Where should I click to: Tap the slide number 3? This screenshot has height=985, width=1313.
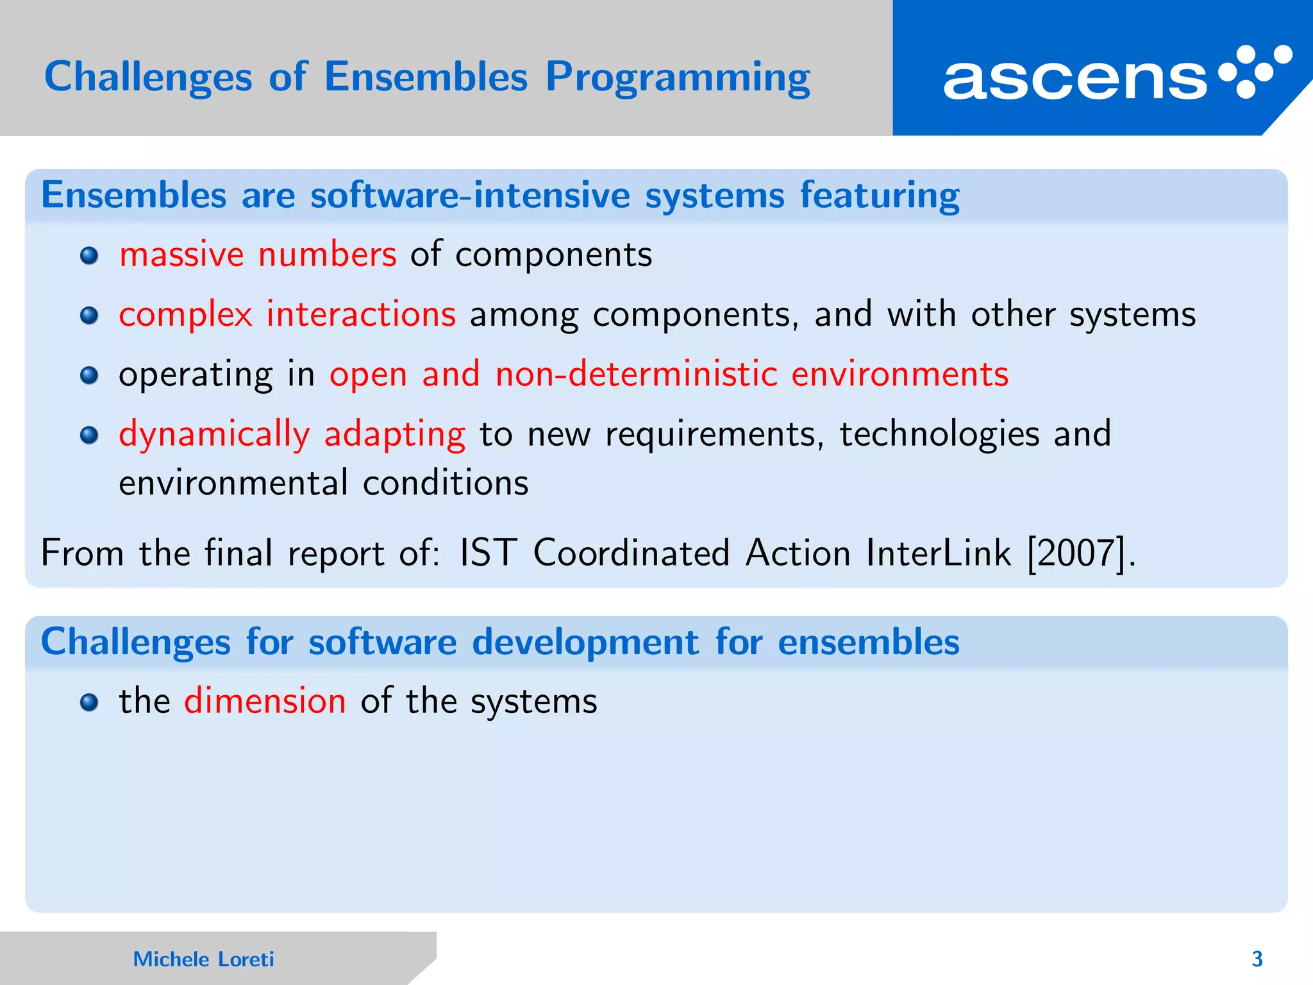(1257, 959)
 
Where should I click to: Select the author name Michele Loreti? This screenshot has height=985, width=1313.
(203, 959)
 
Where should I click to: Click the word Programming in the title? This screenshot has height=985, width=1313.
(678, 78)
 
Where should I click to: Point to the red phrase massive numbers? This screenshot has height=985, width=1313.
(258, 255)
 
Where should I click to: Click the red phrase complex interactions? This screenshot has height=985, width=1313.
(287, 314)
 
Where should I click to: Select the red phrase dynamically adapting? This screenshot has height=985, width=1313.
(292, 434)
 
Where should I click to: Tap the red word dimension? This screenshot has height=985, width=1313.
(265, 700)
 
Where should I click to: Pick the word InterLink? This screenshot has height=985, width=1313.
(938, 553)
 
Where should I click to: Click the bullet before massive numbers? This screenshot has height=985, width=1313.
(89, 257)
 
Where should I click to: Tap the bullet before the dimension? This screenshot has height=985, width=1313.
(89, 703)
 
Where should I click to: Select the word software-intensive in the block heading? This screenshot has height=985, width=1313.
(470, 195)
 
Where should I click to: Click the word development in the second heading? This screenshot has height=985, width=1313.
(585, 642)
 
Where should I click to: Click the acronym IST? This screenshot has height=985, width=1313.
(487, 553)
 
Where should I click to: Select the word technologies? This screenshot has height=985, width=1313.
(939, 434)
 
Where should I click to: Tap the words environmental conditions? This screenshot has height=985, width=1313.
(324, 483)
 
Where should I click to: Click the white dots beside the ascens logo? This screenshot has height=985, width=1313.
(1255, 71)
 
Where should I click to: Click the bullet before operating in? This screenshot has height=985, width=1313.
(89, 376)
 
